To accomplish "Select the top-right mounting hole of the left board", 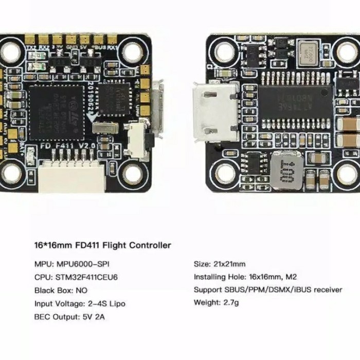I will click(x=132, y=51).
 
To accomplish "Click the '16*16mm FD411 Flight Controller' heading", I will click(x=102, y=245).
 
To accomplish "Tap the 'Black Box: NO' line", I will click(x=61, y=290).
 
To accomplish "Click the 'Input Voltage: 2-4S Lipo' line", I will click(x=80, y=303).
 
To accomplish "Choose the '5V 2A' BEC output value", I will click(x=93, y=317).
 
